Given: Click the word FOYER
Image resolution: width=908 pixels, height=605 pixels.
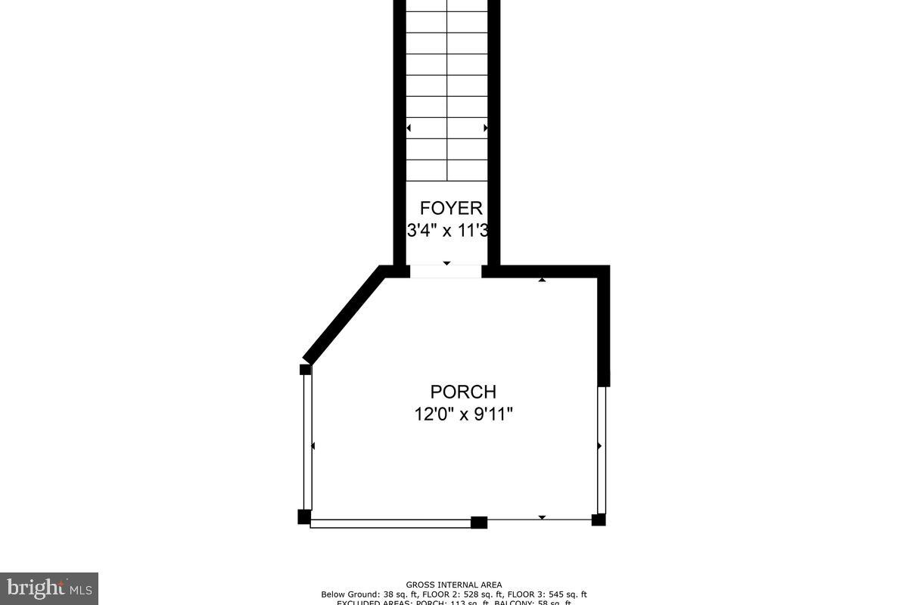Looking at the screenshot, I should pyautogui.click(x=451, y=209).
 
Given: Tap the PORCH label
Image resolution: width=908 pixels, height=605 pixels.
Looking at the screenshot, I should pyautogui.click(x=463, y=392).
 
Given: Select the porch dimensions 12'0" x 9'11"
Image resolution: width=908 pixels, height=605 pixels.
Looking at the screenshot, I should pyautogui.click(x=463, y=414).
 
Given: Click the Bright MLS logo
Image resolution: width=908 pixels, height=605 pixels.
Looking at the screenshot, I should pyautogui.click(x=48, y=588).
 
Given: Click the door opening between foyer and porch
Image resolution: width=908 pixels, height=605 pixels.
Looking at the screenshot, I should pyautogui.click(x=446, y=271).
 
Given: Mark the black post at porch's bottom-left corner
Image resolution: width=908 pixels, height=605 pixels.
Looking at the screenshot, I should pyautogui.click(x=304, y=517).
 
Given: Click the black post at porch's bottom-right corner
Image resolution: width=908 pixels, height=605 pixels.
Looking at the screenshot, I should pyautogui.click(x=599, y=520).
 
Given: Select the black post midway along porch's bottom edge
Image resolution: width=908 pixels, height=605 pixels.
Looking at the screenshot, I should pyautogui.click(x=479, y=522).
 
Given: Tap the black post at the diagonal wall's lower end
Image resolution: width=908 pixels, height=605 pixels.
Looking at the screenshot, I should pyautogui.click(x=306, y=370).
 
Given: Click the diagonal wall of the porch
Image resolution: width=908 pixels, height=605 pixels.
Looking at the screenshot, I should pyautogui.click(x=342, y=316).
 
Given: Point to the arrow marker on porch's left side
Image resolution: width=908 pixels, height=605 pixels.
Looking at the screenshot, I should pyautogui.click(x=313, y=446).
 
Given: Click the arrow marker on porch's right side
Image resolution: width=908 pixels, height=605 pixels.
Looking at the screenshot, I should pyautogui.click(x=599, y=446).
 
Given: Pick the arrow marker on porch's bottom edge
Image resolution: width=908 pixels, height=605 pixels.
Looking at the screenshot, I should pyautogui.click(x=542, y=517).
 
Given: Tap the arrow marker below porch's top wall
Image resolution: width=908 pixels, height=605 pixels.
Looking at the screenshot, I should pyautogui.click(x=542, y=281).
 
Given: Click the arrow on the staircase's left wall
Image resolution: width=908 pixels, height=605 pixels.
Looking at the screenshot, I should pyautogui.click(x=409, y=129).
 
